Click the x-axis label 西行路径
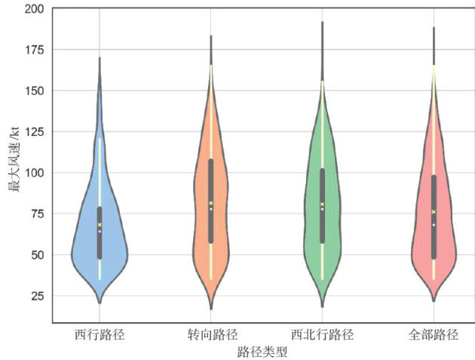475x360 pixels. pos(100,334)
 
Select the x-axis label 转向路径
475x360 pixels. pos(211,334)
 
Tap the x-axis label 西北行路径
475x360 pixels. pos(322,334)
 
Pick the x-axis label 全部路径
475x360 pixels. pos(434,334)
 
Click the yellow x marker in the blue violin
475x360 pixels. pos(100,225)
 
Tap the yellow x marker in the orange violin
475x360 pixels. pos(211,203)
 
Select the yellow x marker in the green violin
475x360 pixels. pos(322,204)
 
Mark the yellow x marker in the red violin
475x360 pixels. pos(434,212)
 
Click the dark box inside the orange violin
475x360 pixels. pos(211,200)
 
